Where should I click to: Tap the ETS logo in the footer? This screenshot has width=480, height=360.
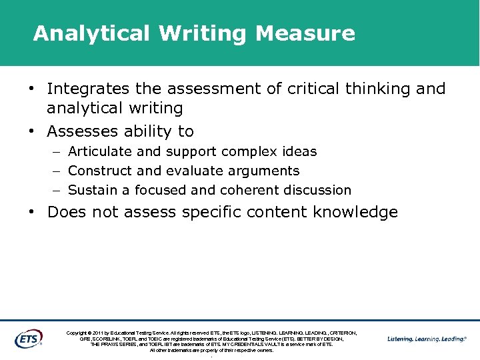[x=28, y=339]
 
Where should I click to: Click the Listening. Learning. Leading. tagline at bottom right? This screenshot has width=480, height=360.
[x=427, y=339]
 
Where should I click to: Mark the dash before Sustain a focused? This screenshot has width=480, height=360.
[x=57, y=191]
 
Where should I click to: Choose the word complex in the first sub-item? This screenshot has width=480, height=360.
[x=246, y=151]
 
